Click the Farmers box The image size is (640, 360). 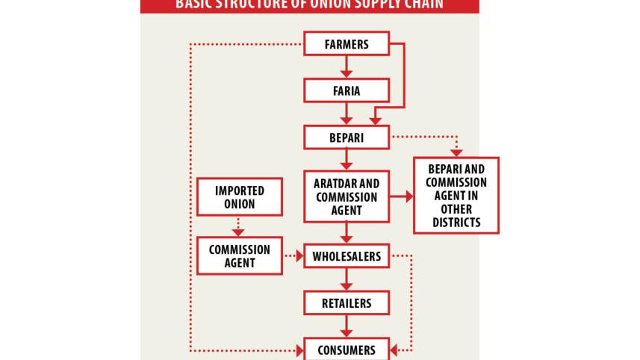tap(347, 44)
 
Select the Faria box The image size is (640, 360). tap(347, 91)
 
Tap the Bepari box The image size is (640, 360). tap(347, 137)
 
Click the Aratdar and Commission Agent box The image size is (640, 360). tap(347, 196)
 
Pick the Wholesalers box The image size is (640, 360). tap(347, 256)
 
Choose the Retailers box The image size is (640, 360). tap(347, 303)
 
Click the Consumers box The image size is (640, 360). tap(347, 350)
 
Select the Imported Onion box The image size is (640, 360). tap(239, 197)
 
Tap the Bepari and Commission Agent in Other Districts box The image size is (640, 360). tap(456, 196)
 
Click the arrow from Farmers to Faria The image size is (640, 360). tap(347, 67)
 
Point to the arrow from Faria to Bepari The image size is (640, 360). tap(347, 114)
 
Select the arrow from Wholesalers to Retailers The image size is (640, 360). tap(347, 279)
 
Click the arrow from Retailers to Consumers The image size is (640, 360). tap(347, 326)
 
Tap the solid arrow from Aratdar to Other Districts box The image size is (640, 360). tap(402, 196)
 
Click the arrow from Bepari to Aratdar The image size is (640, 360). tap(347, 160)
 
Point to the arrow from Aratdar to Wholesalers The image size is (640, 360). tap(347, 233)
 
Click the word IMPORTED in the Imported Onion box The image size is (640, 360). tap(239, 191)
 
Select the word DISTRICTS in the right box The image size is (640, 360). tap(456, 223)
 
